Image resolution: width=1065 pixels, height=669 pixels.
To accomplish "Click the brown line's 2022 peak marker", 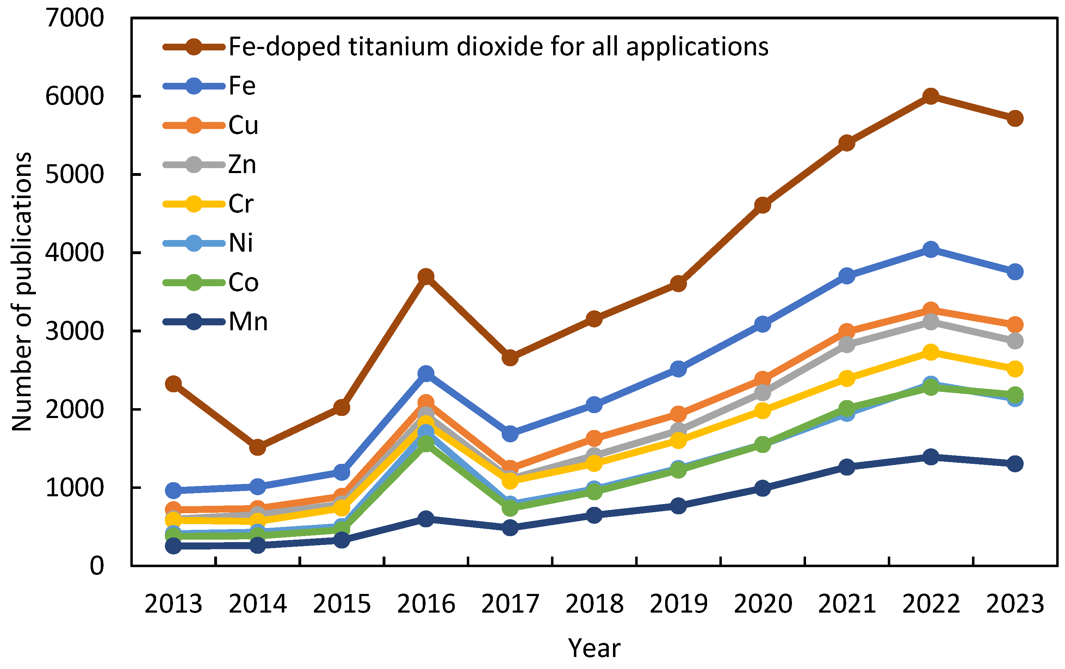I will click(931, 96).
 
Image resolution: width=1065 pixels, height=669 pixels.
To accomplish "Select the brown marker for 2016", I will click(426, 277).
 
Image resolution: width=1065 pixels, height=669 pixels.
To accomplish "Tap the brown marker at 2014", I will click(257, 447).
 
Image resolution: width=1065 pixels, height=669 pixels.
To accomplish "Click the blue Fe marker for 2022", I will click(931, 250).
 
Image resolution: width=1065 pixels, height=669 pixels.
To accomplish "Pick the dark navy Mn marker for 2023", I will click(1015, 464).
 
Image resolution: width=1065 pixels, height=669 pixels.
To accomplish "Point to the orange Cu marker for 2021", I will click(847, 331).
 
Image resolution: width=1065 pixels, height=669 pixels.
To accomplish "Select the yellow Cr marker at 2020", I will click(763, 411).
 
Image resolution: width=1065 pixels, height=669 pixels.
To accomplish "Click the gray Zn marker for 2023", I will click(1015, 341).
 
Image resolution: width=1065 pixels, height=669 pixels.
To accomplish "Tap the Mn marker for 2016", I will click(426, 518).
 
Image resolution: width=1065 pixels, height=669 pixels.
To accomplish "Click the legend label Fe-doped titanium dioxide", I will click(498, 47).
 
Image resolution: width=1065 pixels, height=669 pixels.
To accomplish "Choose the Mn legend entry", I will click(248, 322).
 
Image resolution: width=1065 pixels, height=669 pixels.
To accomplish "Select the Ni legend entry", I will click(241, 243).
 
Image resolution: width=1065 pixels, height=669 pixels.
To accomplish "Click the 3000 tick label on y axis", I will click(74, 331).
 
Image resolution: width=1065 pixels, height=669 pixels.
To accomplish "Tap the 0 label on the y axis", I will click(97, 566).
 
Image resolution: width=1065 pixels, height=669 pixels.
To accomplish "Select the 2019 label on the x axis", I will click(678, 604).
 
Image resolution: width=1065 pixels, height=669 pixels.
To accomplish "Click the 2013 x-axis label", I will click(173, 604).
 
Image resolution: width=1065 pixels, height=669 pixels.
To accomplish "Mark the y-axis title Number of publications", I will click(22, 292).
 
